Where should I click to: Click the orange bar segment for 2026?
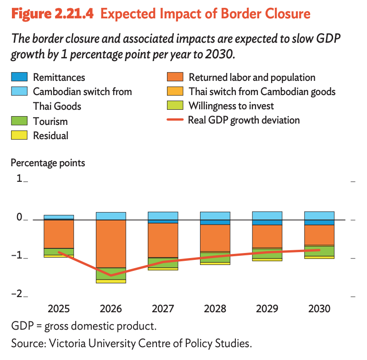[111, 243]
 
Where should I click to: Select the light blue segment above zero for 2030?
[319, 216]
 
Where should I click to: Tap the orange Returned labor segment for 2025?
[59, 234]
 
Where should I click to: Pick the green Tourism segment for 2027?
[163, 263]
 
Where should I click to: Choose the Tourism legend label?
[50, 122]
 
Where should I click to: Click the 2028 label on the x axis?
[215, 308]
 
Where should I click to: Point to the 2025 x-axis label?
[59, 308]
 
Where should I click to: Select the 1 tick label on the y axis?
[19, 179]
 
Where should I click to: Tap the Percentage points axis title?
[48, 163]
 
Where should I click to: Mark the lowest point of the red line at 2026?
[111, 276]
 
